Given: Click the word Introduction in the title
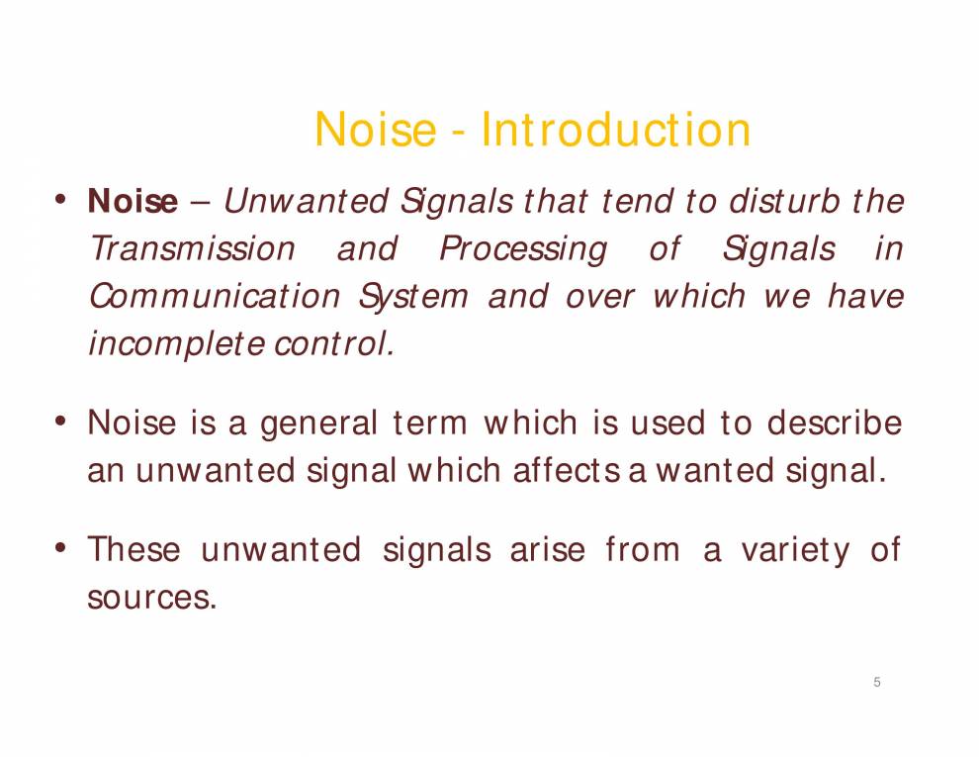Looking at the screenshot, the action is tap(616, 130).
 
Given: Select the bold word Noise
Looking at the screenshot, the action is tap(133, 201).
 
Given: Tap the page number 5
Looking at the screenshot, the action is tap(876, 682).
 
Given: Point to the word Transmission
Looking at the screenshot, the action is tap(192, 248).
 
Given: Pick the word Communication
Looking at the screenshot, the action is tap(215, 296).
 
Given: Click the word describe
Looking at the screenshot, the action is tap(835, 423).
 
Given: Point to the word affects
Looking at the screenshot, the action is tap(567, 470).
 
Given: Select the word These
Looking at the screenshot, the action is tap(134, 549).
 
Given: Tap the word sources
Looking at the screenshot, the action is tap(151, 598).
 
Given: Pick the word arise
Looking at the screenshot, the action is tap(547, 549).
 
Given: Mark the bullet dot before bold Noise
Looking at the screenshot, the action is tap(60, 201).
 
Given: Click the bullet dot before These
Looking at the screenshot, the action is tap(60, 549).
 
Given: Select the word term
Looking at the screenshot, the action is tap(429, 424).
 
